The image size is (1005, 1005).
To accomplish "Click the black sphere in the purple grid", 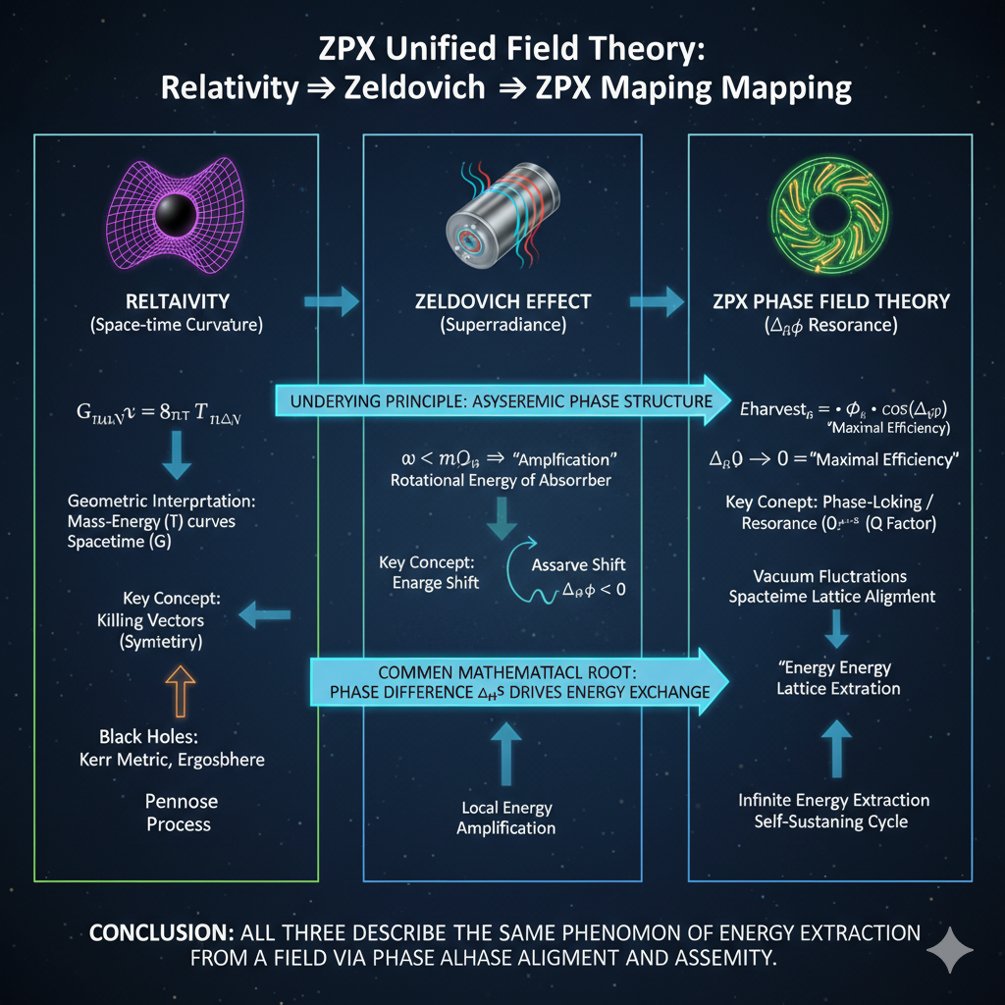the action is (178, 212).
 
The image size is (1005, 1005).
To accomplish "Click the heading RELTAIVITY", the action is (178, 300).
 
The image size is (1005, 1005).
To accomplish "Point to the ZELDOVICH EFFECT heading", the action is (502, 300).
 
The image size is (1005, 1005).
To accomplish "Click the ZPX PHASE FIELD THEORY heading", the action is (830, 300).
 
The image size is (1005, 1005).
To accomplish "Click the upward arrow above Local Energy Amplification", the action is (506, 755).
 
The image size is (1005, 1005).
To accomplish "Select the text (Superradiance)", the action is (502, 325).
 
